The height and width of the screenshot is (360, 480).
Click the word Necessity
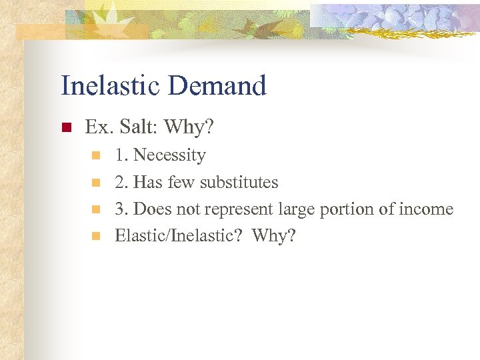[169, 155]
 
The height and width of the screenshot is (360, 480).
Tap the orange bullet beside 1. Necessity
[95, 156]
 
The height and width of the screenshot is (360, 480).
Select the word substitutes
[239, 182]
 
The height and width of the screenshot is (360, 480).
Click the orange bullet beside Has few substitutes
[95, 183]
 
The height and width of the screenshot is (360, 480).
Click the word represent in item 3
[234, 209]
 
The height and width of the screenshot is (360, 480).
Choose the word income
[426, 209]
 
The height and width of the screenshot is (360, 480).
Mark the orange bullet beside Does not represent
[95, 209]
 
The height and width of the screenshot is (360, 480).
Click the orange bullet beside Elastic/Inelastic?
[95, 236]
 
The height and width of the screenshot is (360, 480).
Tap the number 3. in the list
[121, 209]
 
